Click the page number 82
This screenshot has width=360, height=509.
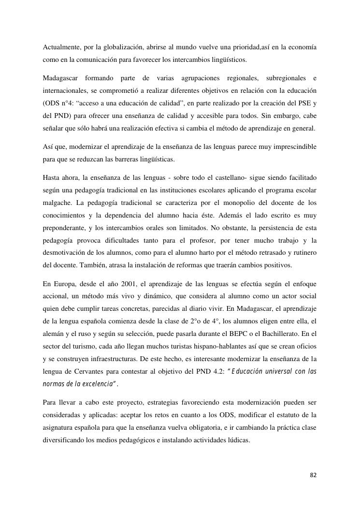click(313, 476)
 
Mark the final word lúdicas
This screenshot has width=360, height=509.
click(238, 440)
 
